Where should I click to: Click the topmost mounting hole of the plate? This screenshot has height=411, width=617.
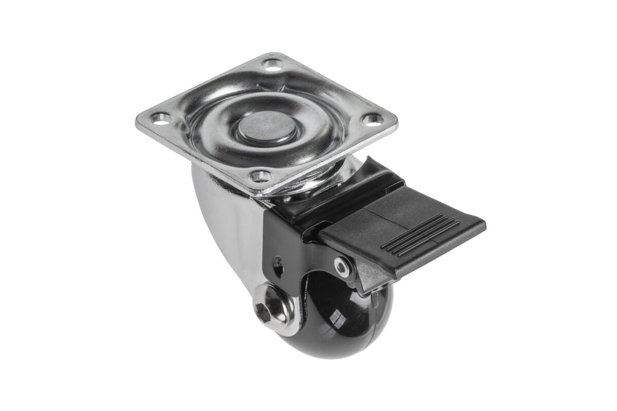[273, 65]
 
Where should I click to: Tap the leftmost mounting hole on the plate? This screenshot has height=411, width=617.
[163, 119]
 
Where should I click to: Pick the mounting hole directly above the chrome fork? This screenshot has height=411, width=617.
[262, 177]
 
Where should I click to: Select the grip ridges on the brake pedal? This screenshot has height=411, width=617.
[422, 234]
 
